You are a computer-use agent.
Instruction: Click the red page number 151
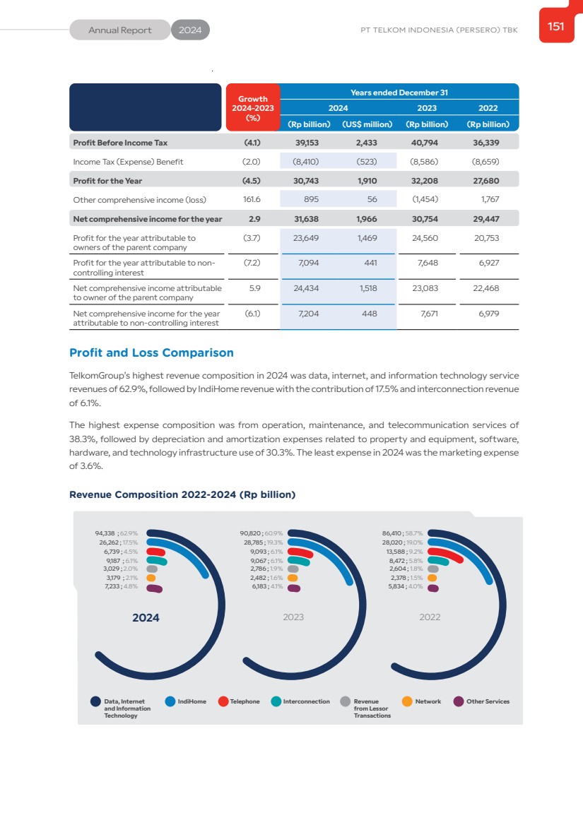(x=556, y=26)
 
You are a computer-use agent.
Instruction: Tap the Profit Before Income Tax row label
(x=120, y=143)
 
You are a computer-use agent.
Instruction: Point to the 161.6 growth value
(x=252, y=200)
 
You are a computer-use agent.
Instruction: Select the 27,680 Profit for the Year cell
(x=485, y=181)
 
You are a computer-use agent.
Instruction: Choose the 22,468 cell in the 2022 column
(x=485, y=288)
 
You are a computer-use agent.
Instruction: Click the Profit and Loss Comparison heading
(x=151, y=352)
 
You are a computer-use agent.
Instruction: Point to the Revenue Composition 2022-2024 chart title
(x=182, y=494)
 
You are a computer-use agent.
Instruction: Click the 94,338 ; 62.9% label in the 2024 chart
(x=116, y=534)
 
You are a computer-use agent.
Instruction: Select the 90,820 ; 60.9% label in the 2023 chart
(x=261, y=534)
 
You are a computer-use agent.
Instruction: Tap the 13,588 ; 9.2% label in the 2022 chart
(x=402, y=552)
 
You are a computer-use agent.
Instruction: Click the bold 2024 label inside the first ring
(x=146, y=617)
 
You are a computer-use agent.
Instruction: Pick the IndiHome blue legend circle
(x=170, y=701)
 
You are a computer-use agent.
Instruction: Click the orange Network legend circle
(x=407, y=701)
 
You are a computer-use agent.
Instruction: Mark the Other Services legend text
(x=488, y=701)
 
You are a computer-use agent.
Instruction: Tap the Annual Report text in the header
(x=120, y=30)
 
